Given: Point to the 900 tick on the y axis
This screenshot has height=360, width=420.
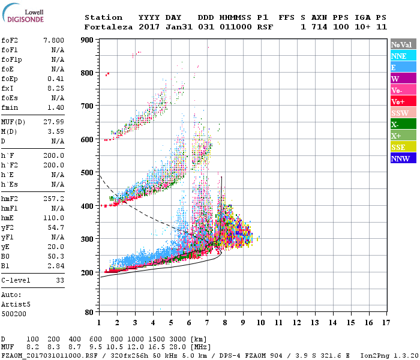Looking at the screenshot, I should click(88, 40).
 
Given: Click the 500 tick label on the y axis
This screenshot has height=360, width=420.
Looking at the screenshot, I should click(88, 173).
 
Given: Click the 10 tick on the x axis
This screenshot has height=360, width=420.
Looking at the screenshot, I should click(260, 323).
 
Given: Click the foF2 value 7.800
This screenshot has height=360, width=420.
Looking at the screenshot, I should click(54, 40).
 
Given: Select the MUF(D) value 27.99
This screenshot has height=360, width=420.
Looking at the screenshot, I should click(54, 122).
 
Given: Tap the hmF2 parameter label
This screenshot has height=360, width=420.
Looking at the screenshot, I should click(9, 197).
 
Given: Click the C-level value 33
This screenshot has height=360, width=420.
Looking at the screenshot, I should click(60, 280).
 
